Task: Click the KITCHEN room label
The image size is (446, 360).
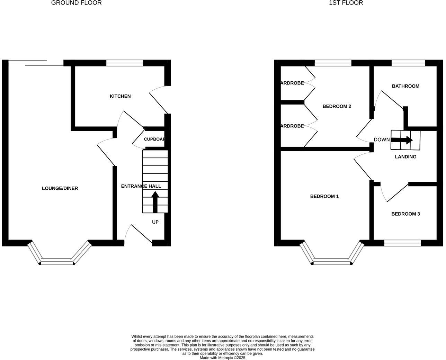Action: (x=120, y=96)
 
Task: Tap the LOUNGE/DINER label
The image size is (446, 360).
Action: (x=60, y=188)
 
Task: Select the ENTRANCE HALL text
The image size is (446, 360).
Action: (x=141, y=186)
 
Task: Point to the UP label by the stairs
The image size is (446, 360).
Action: (x=155, y=222)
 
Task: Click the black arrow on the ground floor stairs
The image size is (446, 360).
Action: (x=155, y=202)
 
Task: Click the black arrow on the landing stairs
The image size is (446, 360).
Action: (x=402, y=140)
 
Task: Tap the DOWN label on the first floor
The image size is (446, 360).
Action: (x=382, y=140)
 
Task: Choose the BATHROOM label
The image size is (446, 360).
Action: (x=405, y=86)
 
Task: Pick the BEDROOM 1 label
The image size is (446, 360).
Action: (x=324, y=196)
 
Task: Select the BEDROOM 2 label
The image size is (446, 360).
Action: (x=337, y=106)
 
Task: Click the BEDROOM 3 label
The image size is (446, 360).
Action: (x=405, y=214)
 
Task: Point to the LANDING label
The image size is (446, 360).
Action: (x=405, y=157)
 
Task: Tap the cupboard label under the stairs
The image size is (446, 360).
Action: (x=154, y=139)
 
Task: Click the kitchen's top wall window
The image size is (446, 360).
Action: (x=125, y=63)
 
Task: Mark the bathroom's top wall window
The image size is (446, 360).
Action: (x=408, y=63)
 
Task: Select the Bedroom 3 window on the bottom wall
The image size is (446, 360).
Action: (x=403, y=243)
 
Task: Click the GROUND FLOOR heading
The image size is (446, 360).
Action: (x=77, y=3)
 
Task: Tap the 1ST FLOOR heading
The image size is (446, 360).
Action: (x=346, y=3)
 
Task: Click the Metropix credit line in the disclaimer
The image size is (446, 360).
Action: (x=222, y=358)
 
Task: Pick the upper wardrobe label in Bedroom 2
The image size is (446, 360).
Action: (x=292, y=83)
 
